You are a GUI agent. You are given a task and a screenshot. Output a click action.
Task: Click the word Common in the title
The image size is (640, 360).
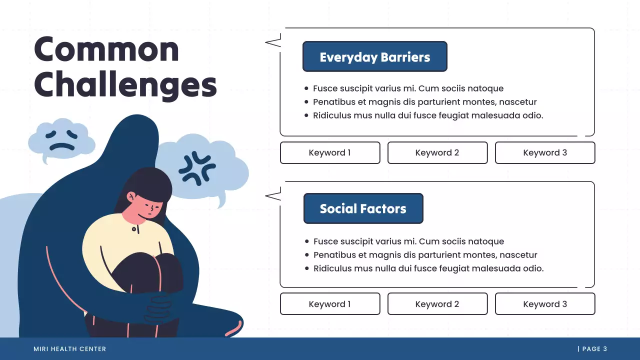click(106, 49)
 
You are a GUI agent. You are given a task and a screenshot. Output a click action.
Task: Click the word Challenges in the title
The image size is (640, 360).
click(125, 85)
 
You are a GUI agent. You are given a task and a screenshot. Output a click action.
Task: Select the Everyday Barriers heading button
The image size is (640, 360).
click(374, 57)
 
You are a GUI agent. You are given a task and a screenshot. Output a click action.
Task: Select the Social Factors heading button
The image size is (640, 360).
click(363, 208)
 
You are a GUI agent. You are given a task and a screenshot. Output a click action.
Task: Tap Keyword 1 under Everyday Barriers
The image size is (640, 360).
click(330, 153)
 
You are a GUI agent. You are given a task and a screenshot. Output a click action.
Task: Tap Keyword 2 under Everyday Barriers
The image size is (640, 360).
click(437, 153)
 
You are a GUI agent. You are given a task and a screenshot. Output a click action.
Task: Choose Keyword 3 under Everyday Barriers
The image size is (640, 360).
click(545, 153)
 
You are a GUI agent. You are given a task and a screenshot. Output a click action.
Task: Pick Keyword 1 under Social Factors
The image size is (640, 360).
click(330, 304)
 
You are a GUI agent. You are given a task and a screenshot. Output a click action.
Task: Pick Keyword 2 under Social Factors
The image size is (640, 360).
click(437, 304)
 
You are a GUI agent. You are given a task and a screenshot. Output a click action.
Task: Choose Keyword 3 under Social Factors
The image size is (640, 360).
click(545, 304)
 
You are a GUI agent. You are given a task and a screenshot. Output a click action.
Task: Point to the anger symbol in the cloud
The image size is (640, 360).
click(197, 168)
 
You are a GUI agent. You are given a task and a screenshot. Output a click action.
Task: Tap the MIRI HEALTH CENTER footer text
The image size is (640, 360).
click(70, 349)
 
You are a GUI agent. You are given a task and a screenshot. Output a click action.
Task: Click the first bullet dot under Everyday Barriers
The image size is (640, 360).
click(306, 88)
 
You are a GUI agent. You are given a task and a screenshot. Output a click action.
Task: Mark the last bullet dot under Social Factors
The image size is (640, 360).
click(307, 268)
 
